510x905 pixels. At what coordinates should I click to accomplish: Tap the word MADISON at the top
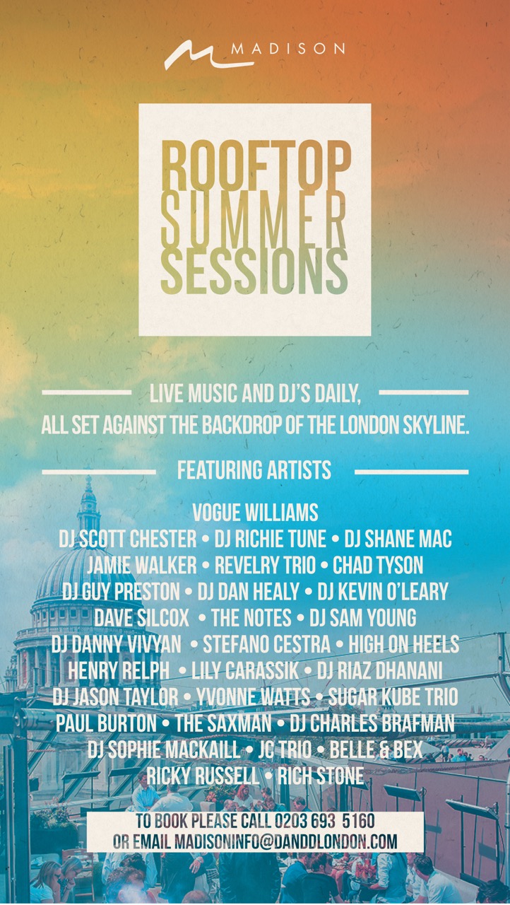pos(288,49)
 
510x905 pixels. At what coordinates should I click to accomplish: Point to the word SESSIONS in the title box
pos(254,271)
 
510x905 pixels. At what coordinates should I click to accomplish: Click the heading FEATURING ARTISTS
pos(254,470)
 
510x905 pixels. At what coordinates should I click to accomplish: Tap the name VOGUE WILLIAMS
pos(255,513)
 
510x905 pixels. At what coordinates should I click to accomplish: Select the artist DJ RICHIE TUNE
pos(270,539)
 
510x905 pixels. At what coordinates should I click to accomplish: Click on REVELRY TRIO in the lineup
pos(265,565)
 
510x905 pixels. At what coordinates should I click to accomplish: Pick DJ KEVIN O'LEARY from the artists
pos(383,591)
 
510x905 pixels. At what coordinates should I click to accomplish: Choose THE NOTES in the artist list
pos(251,618)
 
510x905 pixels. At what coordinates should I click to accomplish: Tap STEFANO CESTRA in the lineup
pos(266,644)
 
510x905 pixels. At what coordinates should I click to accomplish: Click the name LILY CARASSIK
pos(245,670)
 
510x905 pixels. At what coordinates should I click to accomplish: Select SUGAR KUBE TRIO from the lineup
pos(393,696)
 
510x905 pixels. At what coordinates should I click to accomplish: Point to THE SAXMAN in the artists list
pos(223,723)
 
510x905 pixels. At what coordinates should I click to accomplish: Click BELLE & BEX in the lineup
pos(376,749)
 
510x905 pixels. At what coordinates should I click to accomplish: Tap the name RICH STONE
pos(321,776)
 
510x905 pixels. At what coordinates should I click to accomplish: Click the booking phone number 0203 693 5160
pos(325,821)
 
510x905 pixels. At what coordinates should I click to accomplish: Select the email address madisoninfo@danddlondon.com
pos(285,841)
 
